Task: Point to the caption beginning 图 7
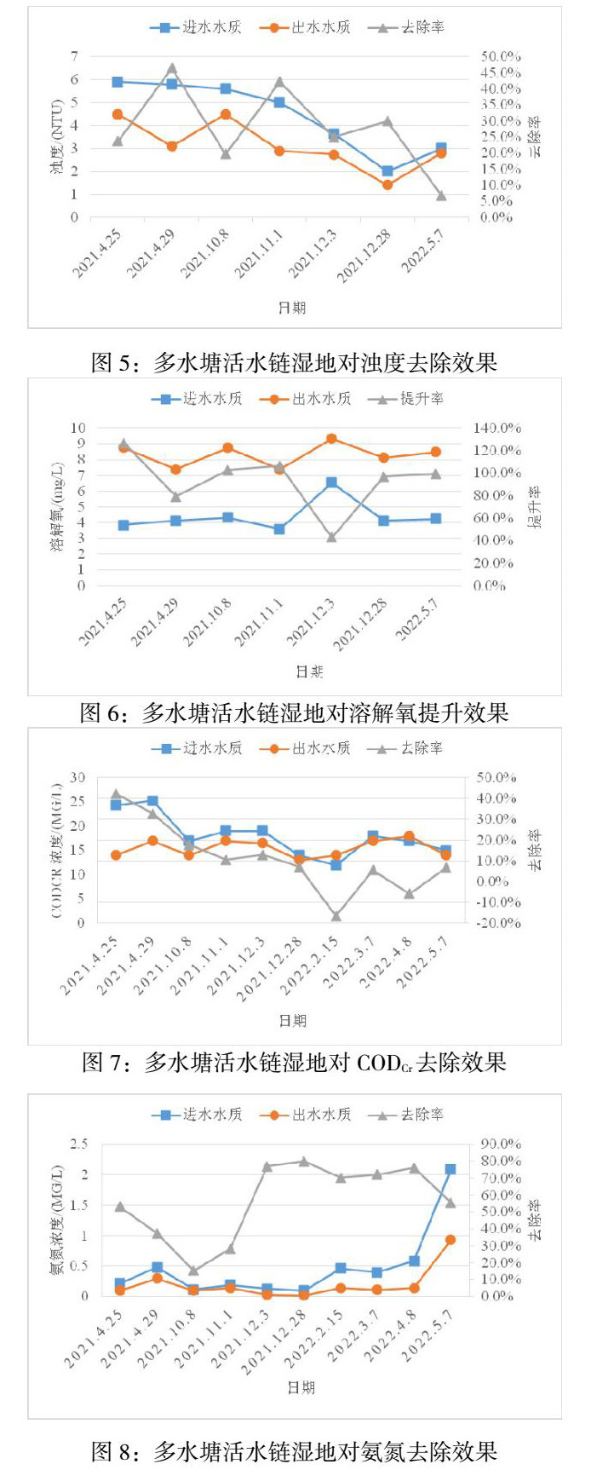pos(295,1062)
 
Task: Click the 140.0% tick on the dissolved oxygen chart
pos(497,428)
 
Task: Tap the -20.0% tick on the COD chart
pos(497,923)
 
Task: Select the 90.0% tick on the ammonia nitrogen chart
pos(499,1144)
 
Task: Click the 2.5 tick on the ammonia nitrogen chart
pos(78,1144)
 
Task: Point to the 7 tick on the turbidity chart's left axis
pos(74,56)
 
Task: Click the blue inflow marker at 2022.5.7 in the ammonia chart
pos(450,1169)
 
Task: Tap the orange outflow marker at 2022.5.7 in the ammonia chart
pos(450,1240)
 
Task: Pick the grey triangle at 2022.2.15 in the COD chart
pos(336,916)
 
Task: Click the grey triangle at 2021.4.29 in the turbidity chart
pos(172,68)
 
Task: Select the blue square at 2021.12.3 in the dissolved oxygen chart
pos(331,482)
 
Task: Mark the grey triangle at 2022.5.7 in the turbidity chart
pos(441,196)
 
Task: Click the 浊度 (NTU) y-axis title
pos(56,136)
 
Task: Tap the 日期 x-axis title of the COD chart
pos(293,1020)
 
